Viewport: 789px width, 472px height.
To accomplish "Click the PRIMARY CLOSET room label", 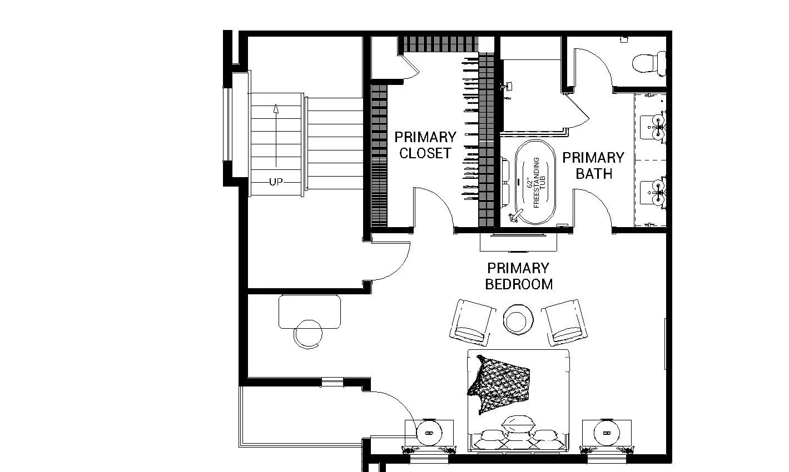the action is tap(425, 145).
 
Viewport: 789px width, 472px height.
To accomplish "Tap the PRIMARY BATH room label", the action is tap(593, 165).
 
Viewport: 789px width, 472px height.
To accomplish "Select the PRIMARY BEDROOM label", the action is tap(519, 276).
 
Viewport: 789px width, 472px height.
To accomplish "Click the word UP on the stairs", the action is tap(276, 182).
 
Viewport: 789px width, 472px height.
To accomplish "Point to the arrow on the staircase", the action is tap(276, 133).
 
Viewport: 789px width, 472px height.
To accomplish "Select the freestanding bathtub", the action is tap(535, 183).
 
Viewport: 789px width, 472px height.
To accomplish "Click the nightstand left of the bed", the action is tap(429, 432).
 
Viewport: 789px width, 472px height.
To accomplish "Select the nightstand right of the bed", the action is tap(606, 432).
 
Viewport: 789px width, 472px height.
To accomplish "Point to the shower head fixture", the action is tap(507, 87).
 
